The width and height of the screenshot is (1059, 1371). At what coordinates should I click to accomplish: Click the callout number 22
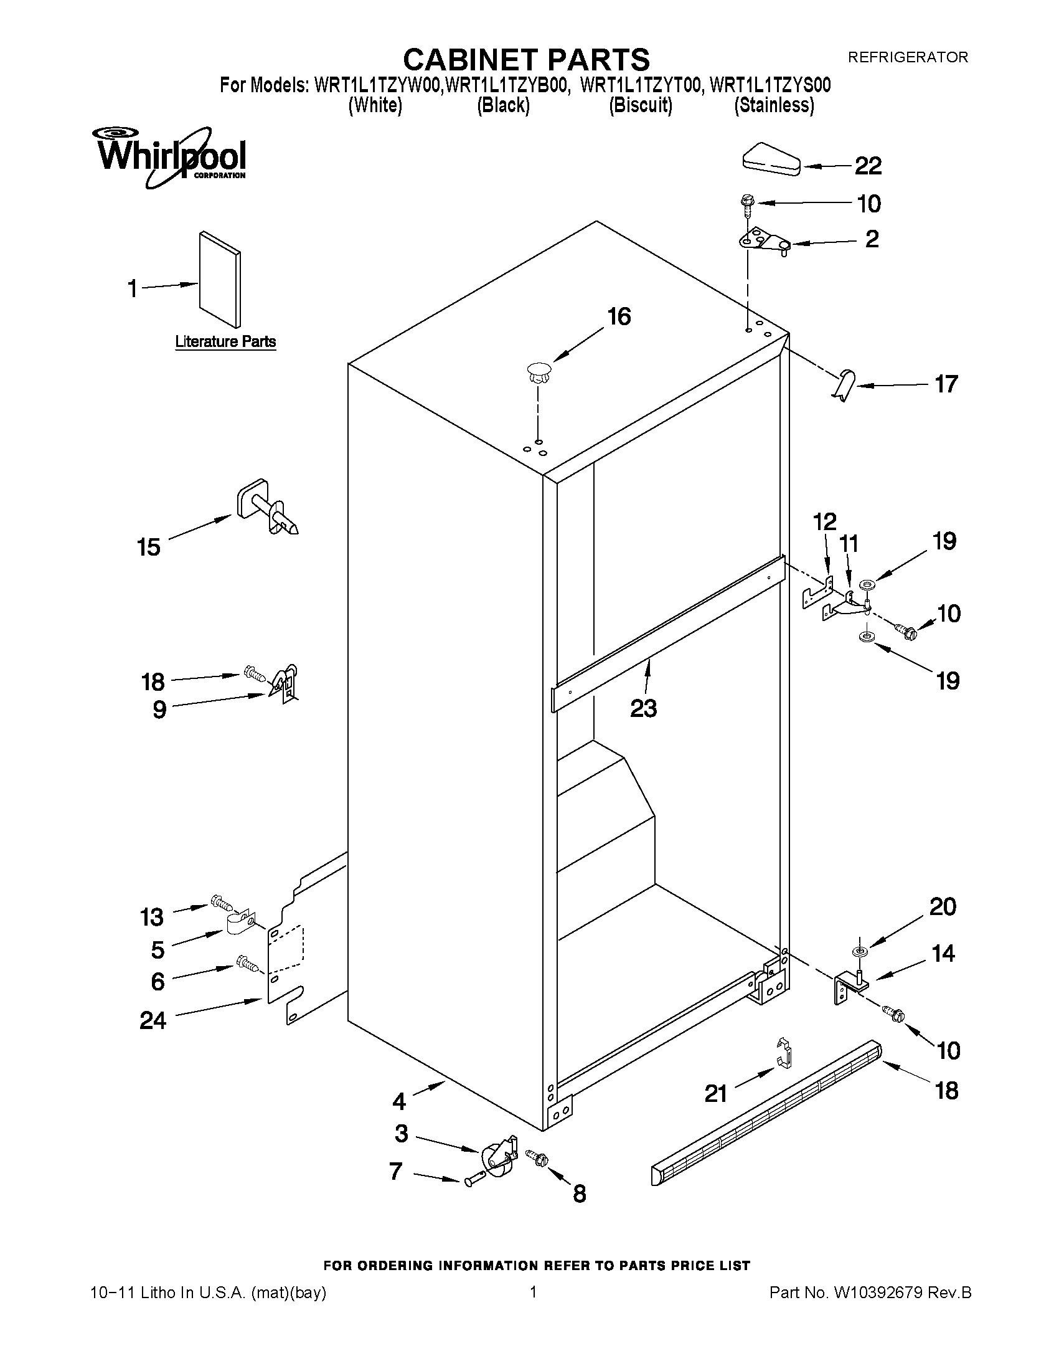point(868,166)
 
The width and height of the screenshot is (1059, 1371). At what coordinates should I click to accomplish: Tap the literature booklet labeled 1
point(220,279)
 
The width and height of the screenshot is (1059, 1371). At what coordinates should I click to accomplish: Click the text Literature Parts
point(225,342)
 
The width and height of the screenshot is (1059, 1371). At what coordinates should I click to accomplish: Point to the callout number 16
point(619,317)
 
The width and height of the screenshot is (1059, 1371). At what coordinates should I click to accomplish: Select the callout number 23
point(643,709)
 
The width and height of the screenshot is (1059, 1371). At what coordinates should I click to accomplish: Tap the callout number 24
point(153,1021)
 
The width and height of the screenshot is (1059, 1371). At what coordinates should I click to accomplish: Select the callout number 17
point(946,384)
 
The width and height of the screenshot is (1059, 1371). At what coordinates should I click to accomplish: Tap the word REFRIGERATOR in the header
point(907,57)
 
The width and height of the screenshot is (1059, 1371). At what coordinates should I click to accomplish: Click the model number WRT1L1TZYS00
point(770,86)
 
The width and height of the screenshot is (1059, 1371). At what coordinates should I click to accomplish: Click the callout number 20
point(943,906)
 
